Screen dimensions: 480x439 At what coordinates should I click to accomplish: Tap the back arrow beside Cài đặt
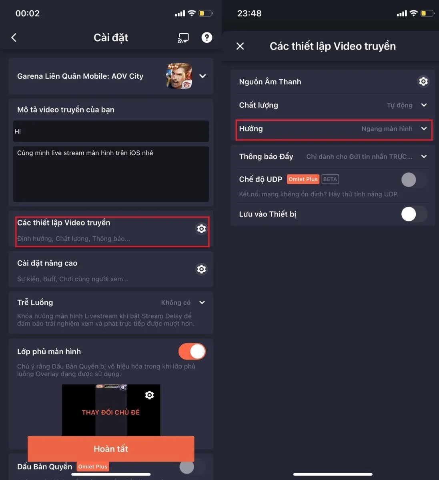pos(14,38)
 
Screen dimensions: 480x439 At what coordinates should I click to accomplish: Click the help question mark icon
pos(206,38)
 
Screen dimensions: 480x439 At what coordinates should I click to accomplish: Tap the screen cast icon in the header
pos(183,38)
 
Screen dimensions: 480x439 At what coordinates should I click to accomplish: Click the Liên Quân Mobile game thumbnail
pos(179,76)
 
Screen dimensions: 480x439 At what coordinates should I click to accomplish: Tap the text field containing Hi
pos(111,131)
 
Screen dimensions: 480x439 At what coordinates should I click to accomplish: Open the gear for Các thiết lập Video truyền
pos(201,228)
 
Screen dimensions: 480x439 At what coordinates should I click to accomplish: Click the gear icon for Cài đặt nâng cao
pos(201,269)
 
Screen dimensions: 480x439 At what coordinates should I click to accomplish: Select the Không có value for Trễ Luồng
pos(176,303)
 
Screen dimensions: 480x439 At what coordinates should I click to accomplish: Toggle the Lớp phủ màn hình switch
pos(192,352)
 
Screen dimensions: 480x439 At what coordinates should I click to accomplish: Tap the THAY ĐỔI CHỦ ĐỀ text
pos(111,412)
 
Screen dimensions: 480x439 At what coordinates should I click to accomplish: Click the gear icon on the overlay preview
pos(150,395)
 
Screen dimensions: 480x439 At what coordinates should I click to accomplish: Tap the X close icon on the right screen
pos(240,46)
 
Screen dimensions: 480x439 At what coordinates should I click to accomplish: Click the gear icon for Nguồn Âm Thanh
pos(423,82)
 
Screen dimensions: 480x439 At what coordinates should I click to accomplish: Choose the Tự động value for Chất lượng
pos(399,105)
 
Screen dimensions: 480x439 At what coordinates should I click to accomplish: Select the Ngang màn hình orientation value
pos(387,129)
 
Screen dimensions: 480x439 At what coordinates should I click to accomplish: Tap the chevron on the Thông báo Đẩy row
pos(424,156)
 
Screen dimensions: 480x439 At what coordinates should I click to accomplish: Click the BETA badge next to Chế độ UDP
pos(330,179)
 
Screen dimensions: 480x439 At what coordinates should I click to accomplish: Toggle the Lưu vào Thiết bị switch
pos(414,214)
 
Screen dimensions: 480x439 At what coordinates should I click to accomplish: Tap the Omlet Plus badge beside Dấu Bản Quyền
pos(93,467)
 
